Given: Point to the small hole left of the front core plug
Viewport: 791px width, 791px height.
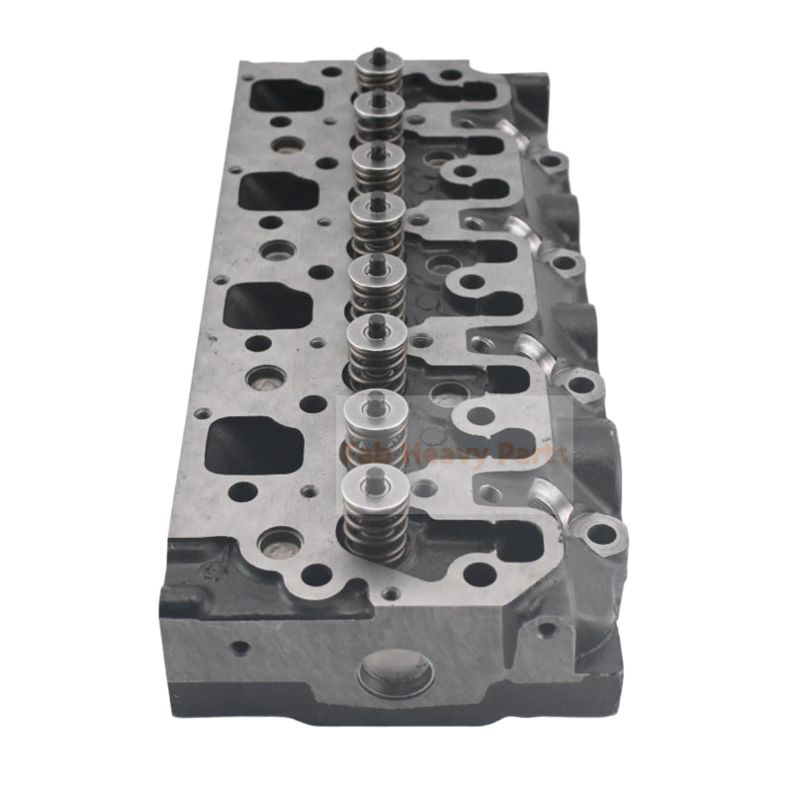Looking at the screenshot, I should (238, 650).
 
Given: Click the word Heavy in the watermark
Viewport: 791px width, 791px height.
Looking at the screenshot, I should (451, 454).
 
